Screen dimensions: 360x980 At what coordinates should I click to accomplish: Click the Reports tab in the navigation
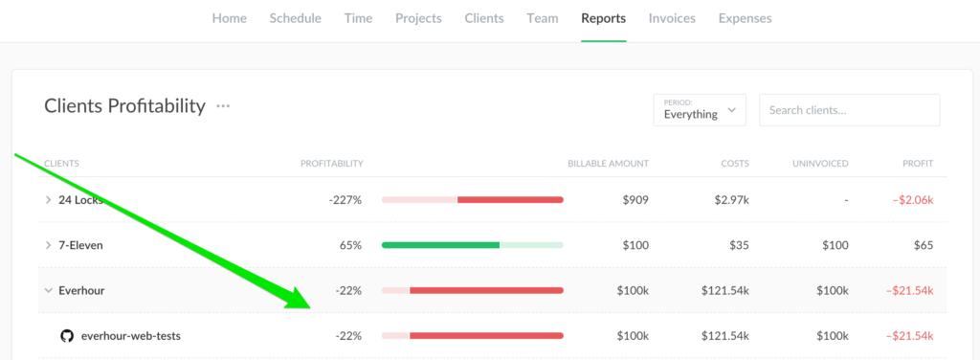[x=603, y=18]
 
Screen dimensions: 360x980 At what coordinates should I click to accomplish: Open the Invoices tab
[x=672, y=18]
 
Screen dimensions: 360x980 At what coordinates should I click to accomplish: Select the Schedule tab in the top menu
[x=295, y=18]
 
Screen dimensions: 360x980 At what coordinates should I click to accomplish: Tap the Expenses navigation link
[x=745, y=18]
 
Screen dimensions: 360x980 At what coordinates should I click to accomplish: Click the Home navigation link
[x=229, y=18]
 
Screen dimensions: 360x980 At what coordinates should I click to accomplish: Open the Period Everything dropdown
[x=699, y=109]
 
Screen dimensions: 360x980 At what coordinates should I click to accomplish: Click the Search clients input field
[x=849, y=110]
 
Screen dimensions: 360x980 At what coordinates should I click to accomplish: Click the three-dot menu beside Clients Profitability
[x=223, y=106]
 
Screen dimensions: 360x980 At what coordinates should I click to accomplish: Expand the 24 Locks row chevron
[x=49, y=200]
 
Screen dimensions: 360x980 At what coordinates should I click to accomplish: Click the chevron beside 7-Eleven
[x=49, y=245]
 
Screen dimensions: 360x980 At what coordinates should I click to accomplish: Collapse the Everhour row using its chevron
[x=49, y=290]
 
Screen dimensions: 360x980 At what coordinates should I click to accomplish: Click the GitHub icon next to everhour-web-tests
[x=67, y=336]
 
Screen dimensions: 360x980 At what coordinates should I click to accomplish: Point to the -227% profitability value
[x=345, y=200]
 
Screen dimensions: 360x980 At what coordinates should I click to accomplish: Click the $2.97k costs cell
[x=732, y=200]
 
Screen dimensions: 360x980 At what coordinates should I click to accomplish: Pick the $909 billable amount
[x=635, y=200]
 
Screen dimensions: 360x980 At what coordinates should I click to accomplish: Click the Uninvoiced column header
[x=820, y=164]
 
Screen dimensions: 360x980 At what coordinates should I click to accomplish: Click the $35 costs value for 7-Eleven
[x=739, y=245]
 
